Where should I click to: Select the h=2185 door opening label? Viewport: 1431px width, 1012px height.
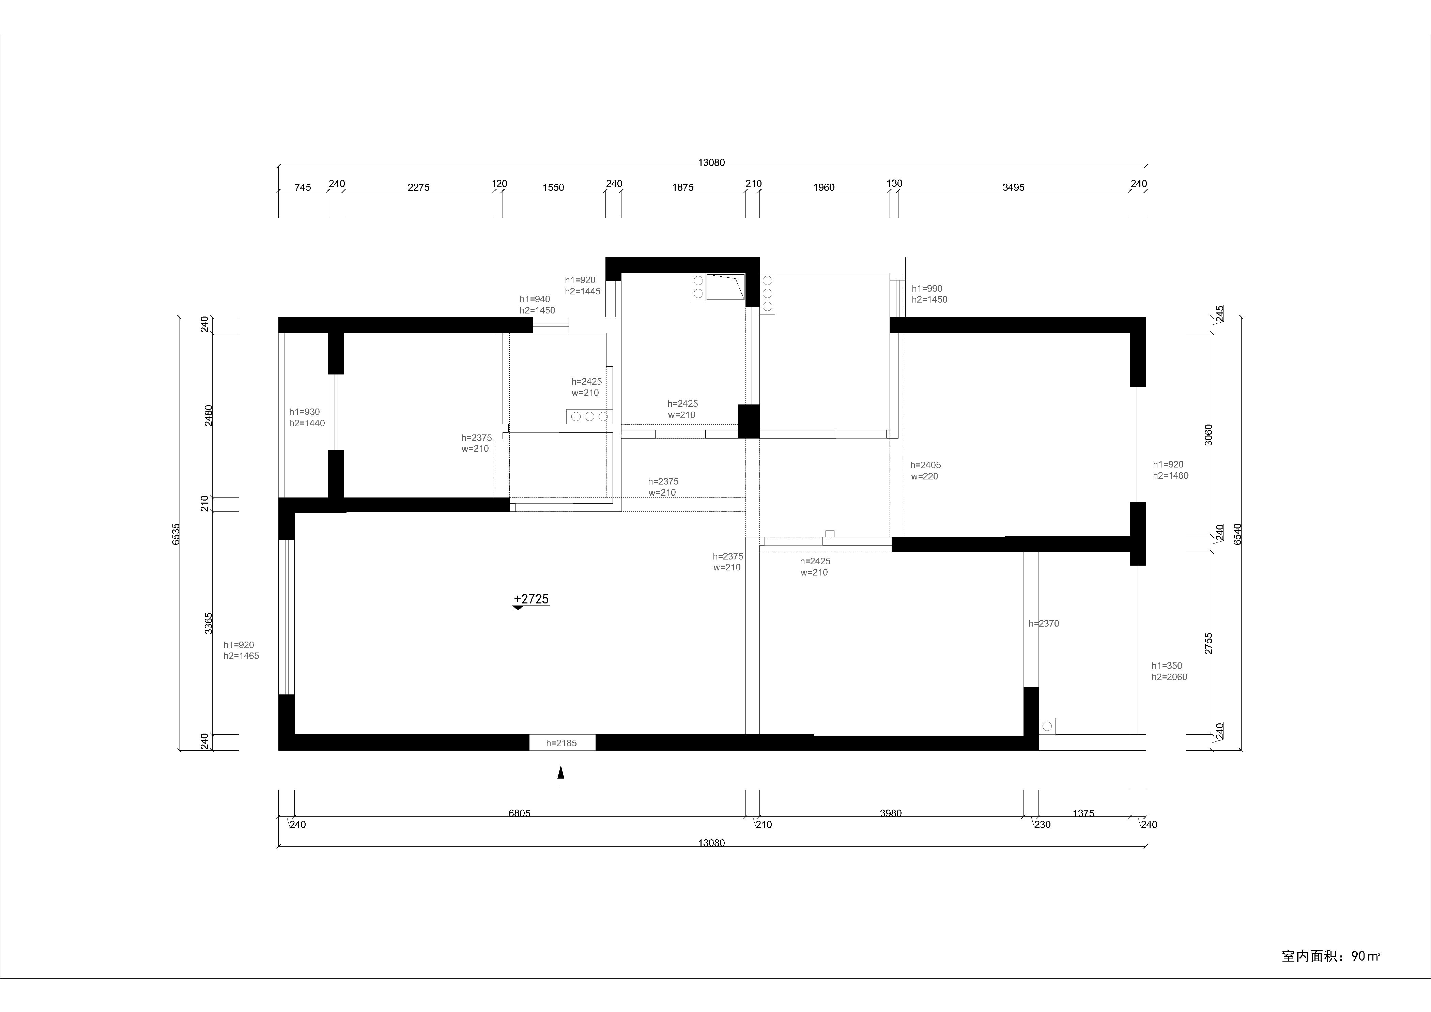coord(561,743)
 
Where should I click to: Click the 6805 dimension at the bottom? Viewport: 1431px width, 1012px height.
coord(519,813)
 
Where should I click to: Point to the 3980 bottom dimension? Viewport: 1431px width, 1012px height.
coord(891,813)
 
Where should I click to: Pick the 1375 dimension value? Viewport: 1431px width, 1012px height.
coord(1083,813)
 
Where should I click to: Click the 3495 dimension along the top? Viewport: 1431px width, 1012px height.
coord(1013,187)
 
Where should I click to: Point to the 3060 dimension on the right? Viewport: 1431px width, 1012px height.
coord(1209,434)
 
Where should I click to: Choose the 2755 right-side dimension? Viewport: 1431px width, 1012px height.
coord(1209,643)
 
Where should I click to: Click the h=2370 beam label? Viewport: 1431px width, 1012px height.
coord(1044,623)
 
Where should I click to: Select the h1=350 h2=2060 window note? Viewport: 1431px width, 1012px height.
coord(1169,671)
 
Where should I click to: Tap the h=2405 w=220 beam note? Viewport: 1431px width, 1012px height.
coord(925,471)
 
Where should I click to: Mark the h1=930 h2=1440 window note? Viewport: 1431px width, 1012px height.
coord(307,417)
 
